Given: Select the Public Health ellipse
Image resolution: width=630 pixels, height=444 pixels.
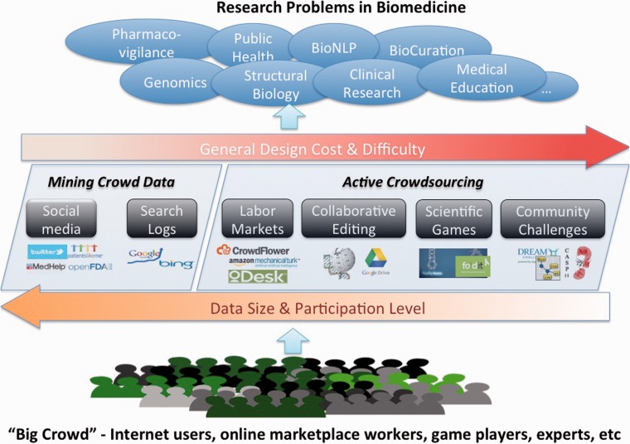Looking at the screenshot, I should coord(252,46).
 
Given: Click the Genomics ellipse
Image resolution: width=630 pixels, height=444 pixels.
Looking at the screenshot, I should coord(163,82).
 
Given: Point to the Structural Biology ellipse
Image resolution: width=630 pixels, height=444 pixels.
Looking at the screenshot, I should coord(275,85).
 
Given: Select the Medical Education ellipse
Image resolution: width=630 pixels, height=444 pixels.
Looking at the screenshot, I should coord(481,79).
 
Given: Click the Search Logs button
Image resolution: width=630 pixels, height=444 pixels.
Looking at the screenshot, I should coord(161,219).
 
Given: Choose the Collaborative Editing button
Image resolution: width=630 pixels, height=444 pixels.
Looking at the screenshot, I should coord(354,219).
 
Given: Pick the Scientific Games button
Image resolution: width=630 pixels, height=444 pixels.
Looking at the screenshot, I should coord(453,219).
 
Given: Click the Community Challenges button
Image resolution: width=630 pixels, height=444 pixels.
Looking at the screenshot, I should coord(551,219).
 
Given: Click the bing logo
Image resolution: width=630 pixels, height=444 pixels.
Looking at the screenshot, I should coord(177,264).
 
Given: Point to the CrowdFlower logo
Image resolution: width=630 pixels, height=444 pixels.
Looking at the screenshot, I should coord(254,248).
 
